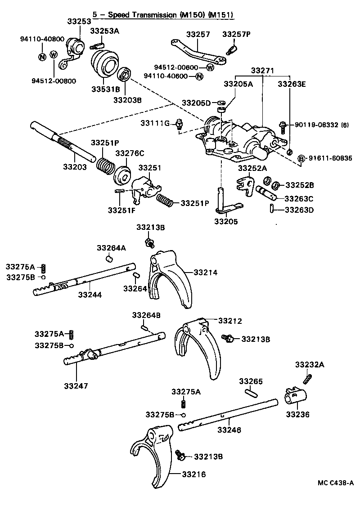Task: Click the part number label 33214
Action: tap(206, 272)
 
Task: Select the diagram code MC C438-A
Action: tap(335, 483)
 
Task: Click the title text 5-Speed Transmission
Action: tap(162, 15)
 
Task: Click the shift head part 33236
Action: tap(296, 398)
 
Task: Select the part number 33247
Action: tap(76, 385)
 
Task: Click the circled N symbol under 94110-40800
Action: tap(41, 57)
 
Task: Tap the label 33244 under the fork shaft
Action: tap(90, 295)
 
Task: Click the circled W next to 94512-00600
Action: tap(210, 67)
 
